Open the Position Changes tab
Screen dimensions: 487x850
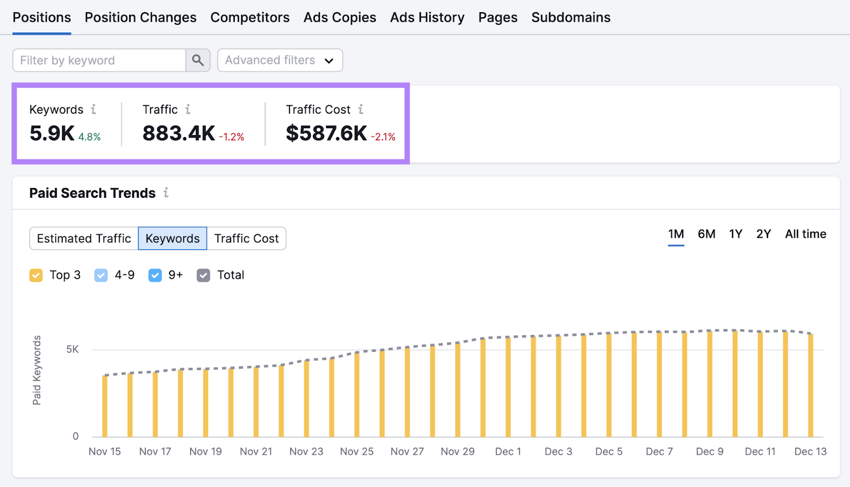tap(140, 18)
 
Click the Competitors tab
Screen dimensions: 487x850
tap(250, 18)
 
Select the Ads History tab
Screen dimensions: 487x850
tap(427, 18)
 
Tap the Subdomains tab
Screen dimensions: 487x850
tap(571, 18)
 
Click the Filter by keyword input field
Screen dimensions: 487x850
tap(99, 60)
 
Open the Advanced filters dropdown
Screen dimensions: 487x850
tap(280, 60)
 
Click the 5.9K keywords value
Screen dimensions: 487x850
tap(52, 133)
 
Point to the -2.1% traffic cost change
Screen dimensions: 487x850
tap(383, 137)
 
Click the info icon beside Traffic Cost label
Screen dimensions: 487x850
tap(361, 110)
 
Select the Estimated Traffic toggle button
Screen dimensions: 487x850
tap(84, 238)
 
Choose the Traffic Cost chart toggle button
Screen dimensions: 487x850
tap(246, 238)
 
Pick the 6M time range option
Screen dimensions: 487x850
tap(706, 234)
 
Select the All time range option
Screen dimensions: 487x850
tap(805, 234)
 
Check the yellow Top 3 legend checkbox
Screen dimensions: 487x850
tap(36, 275)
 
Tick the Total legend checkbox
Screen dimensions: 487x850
tap(203, 275)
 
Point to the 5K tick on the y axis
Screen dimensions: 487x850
tap(72, 349)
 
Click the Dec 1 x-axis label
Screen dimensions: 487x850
tap(508, 451)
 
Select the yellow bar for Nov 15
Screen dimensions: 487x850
tap(105, 406)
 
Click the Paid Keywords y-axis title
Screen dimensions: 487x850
tap(37, 370)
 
